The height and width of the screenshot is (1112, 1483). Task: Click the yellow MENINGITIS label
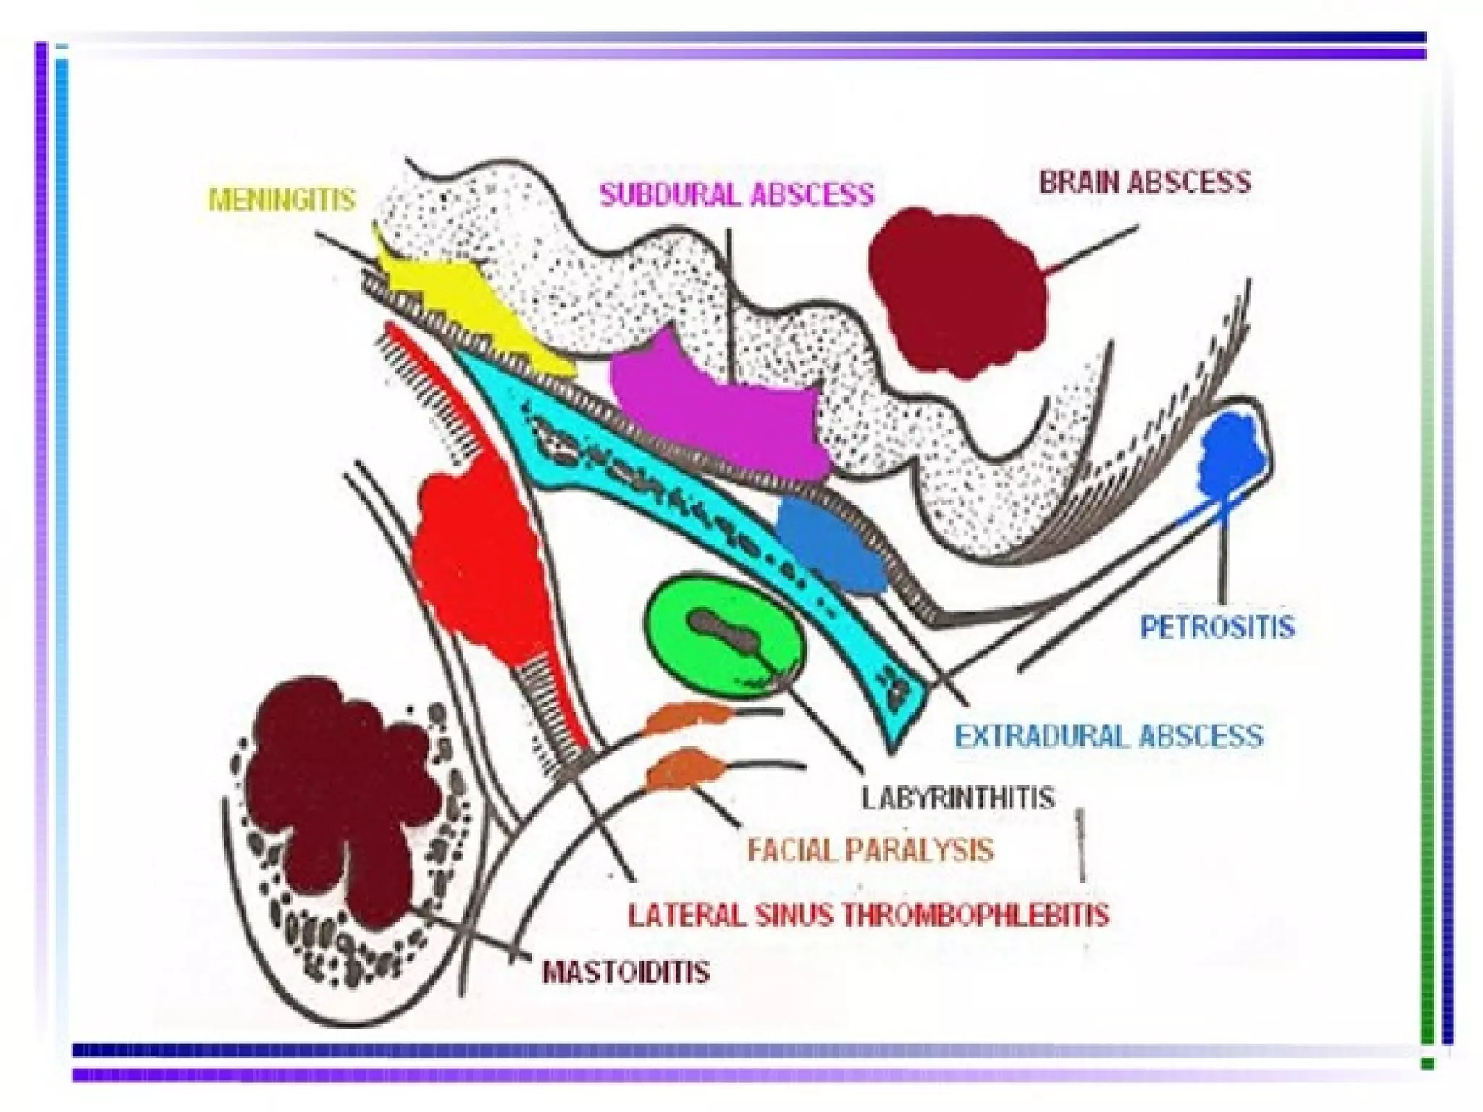tap(282, 199)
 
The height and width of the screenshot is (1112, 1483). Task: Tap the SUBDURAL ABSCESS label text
tap(737, 194)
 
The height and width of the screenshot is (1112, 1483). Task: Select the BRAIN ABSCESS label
tap(1145, 182)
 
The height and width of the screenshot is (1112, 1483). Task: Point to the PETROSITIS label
tap(1217, 626)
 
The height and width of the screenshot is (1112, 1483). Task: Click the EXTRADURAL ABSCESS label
tap(1108, 736)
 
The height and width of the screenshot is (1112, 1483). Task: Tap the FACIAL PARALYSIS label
tap(870, 850)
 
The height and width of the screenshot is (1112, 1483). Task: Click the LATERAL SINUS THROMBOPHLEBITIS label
tap(868, 915)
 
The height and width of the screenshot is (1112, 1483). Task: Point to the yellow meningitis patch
tap(463, 304)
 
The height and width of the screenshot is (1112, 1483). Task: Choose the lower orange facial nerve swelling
tap(684, 771)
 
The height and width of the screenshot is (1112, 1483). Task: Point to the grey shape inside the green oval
tap(724, 630)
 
